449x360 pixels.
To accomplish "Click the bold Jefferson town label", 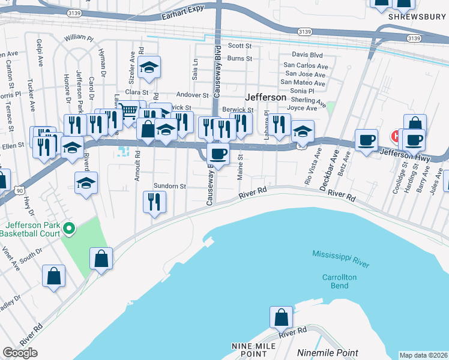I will pyautogui.click(x=265, y=97).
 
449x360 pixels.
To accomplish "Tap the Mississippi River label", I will pyautogui.click(x=342, y=259).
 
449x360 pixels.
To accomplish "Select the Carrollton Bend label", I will pyautogui.click(x=340, y=282).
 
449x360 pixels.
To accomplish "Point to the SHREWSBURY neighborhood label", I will pyautogui.click(x=415, y=17).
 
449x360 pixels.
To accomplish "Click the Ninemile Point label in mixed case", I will pyautogui.click(x=328, y=353).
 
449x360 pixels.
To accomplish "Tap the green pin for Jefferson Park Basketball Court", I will pyautogui.click(x=69, y=228).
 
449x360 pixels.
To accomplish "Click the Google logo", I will pyautogui.click(x=20, y=353).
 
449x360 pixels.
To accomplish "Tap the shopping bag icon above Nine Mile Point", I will pyautogui.click(x=281, y=316).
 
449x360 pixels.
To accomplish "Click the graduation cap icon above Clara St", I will pyautogui.click(x=148, y=68).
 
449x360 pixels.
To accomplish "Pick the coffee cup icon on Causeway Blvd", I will pyautogui.click(x=218, y=153).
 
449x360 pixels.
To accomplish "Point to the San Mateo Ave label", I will pyautogui.click(x=303, y=82).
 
